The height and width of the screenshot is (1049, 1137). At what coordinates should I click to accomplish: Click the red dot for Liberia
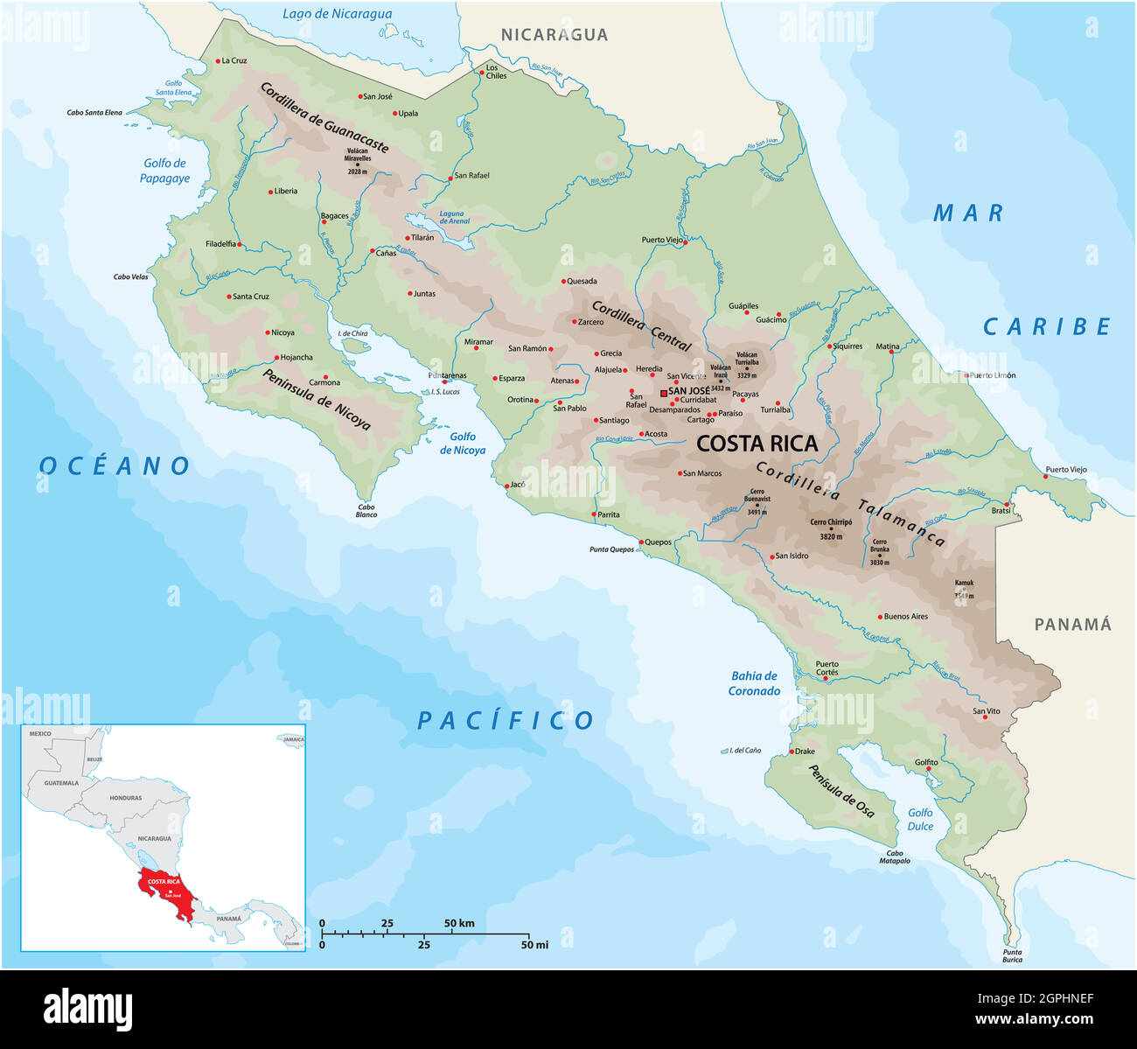[270, 192]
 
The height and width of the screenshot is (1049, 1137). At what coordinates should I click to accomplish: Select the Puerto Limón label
[993, 375]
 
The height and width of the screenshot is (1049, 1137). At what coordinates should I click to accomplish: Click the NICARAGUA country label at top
[554, 35]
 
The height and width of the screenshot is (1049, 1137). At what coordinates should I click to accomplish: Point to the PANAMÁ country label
[1072, 624]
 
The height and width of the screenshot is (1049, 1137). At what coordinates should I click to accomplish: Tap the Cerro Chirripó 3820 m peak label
[831, 528]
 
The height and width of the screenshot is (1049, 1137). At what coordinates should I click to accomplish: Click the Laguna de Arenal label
[453, 217]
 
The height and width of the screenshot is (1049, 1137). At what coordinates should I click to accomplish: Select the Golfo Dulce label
[920, 819]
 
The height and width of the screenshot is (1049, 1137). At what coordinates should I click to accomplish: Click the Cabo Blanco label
[366, 511]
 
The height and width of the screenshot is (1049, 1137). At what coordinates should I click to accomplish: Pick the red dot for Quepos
[641, 542]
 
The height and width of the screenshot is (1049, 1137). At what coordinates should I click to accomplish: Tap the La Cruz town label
[234, 60]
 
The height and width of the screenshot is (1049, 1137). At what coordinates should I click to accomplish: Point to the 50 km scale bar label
[458, 923]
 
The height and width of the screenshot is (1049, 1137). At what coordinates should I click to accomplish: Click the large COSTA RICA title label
[757, 444]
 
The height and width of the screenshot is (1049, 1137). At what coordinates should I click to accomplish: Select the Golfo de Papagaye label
[164, 171]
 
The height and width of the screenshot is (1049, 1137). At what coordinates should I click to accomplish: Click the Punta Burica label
[1012, 955]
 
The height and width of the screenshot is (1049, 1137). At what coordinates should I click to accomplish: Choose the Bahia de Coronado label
[754, 682]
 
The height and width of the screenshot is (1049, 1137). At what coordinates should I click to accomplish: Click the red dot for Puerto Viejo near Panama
[1046, 477]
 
